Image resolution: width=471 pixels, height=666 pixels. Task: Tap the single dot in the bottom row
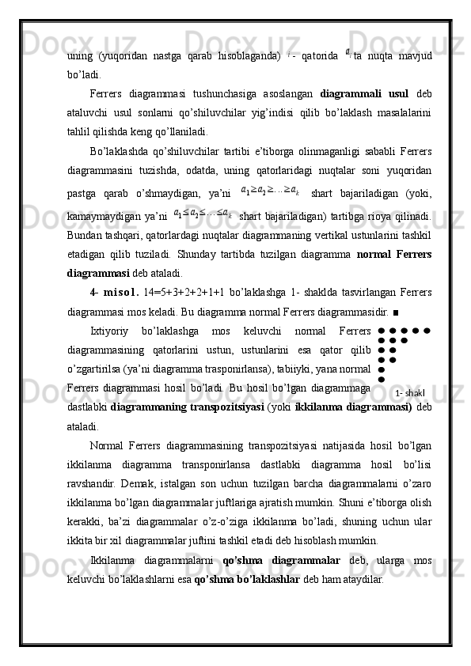click(x=381, y=379)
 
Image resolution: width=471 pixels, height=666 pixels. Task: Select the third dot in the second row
click(x=404, y=340)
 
